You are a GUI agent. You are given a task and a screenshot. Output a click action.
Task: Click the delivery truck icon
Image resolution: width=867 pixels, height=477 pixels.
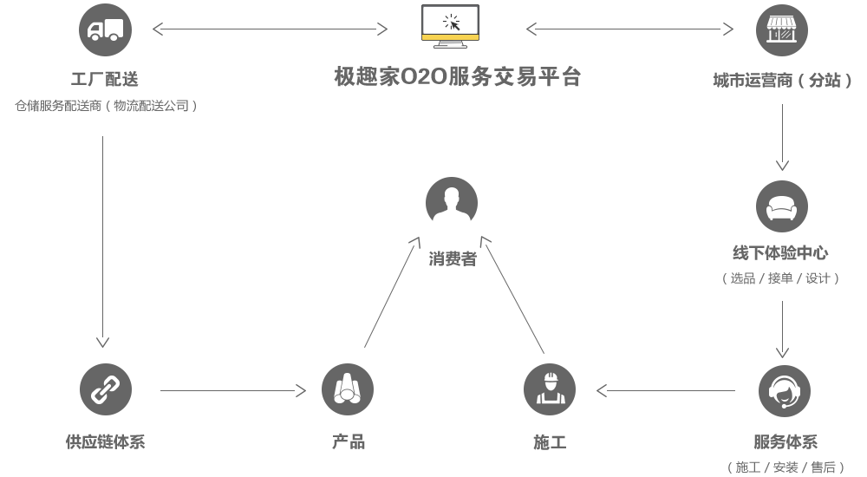(x=104, y=30)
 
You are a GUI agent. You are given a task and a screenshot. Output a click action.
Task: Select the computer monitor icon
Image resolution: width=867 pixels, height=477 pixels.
(x=450, y=26)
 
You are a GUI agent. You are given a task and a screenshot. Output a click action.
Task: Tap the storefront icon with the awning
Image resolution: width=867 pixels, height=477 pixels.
(x=781, y=30)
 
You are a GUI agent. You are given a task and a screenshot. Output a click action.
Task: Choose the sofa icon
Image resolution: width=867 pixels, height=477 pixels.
(x=781, y=206)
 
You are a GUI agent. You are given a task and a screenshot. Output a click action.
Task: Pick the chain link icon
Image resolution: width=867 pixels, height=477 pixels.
(x=105, y=389)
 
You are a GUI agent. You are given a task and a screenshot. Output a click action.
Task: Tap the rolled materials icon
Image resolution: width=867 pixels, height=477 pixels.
(x=348, y=389)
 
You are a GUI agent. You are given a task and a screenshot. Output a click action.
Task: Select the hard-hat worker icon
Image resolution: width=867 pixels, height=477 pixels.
(x=549, y=389)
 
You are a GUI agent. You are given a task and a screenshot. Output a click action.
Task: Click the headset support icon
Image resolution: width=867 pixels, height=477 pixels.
(x=784, y=390)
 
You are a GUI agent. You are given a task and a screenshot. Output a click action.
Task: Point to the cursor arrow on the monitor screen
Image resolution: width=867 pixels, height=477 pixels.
(x=451, y=22)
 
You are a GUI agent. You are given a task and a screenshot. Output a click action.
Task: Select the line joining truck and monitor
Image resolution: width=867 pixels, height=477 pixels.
(x=269, y=29)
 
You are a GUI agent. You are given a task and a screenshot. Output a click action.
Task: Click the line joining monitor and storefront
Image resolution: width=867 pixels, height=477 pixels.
(x=629, y=29)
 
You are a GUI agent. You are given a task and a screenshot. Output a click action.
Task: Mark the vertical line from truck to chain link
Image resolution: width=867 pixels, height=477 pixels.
(x=102, y=234)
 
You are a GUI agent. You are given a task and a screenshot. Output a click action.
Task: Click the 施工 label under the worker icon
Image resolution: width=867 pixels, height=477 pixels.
(x=550, y=442)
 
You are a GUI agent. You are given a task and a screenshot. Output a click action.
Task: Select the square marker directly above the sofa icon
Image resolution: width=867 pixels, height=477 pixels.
(x=782, y=165)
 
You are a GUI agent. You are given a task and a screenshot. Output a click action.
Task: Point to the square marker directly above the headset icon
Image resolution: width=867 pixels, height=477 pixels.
(x=782, y=352)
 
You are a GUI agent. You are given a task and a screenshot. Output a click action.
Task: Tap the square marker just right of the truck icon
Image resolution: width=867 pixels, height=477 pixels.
(x=158, y=29)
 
